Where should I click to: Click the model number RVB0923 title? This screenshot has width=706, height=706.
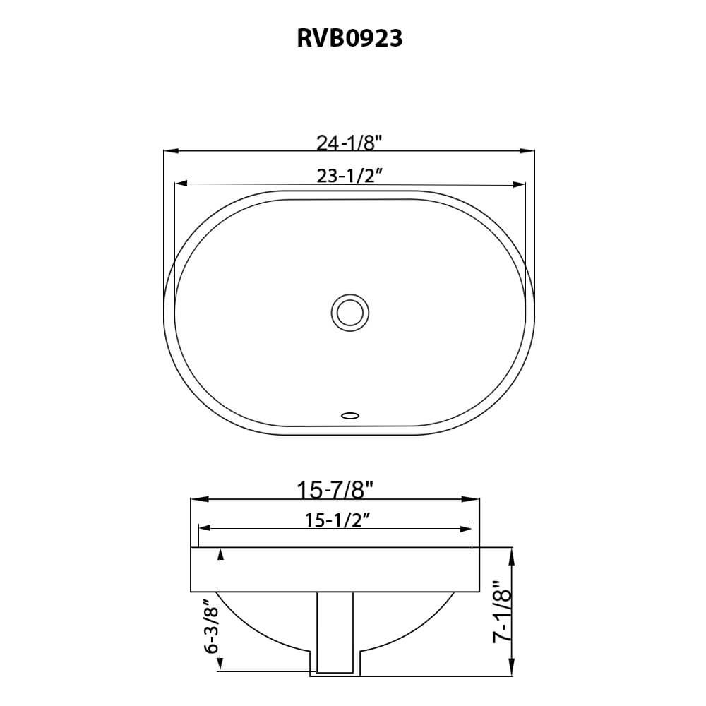pyautogui.click(x=349, y=38)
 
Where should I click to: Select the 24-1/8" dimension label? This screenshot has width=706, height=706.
pyautogui.click(x=349, y=143)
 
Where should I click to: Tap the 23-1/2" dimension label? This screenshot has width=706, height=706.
pyautogui.click(x=349, y=176)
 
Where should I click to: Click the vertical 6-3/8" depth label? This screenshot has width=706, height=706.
pyautogui.click(x=208, y=625)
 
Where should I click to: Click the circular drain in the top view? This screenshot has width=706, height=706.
pyautogui.click(x=349, y=311)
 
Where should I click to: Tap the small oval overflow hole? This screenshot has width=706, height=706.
pyautogui.click(x=350, y=415)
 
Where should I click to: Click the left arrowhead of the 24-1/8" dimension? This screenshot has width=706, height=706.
pyautogui.click(x=170, y=150)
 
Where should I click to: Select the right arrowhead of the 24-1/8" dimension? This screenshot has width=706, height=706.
pyautogui.click(x=528, y=150)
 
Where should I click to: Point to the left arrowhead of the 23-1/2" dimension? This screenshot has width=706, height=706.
pyautogui.click(x=181, y=184)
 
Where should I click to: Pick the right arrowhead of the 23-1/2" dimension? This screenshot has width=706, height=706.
pyautogui.click(x=519, y=184)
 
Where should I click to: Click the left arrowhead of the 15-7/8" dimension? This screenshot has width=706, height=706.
pyautogui.click(x=198, y=499)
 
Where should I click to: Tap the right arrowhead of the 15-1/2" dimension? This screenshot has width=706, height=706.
pyautogui.click(x=465, y=528)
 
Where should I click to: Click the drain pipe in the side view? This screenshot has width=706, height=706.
pyautogui.click(x=335, y=632)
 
